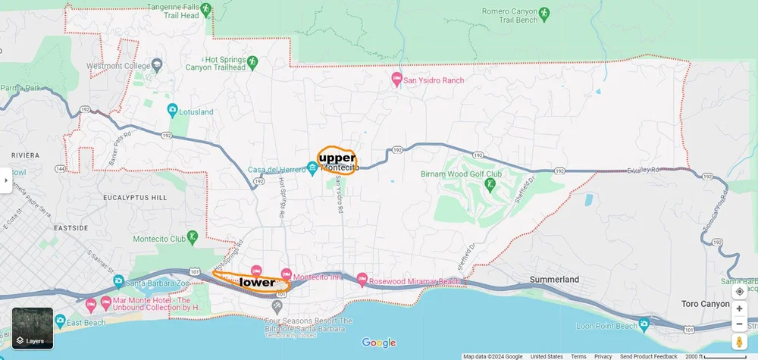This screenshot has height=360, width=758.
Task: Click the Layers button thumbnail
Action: point(33,327)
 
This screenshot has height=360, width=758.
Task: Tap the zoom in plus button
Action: point(739,308)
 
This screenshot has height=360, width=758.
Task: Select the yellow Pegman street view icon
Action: point(739,343)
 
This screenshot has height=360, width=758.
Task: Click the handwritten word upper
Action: point(337,158)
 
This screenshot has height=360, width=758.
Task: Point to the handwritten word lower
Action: point(257,283)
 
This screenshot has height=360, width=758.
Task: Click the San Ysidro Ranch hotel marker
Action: point(396,79)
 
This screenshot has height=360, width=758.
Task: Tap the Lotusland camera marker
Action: point(173,111)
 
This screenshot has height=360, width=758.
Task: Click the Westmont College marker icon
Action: point(157,64)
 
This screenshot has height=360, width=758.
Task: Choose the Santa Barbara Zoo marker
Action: point(119,282)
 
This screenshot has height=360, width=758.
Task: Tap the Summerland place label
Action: point(554,280)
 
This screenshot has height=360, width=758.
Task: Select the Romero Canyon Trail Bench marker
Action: point(543,13)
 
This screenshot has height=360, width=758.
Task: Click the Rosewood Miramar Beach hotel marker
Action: point(362,280)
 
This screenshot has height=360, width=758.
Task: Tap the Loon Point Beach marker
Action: point(644,325)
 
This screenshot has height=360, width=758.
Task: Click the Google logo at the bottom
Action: point(378,343)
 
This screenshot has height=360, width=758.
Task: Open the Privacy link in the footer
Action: point(603,356)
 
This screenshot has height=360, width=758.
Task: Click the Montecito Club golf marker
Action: point(193,237)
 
